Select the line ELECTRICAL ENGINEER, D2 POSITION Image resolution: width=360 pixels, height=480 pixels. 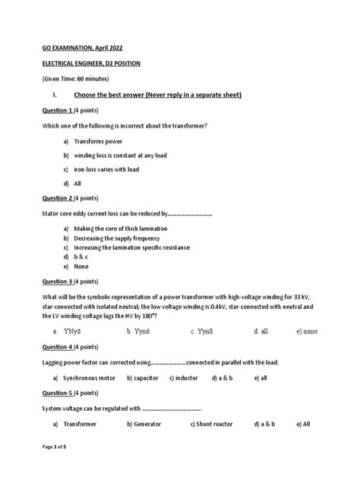coord(91,64)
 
